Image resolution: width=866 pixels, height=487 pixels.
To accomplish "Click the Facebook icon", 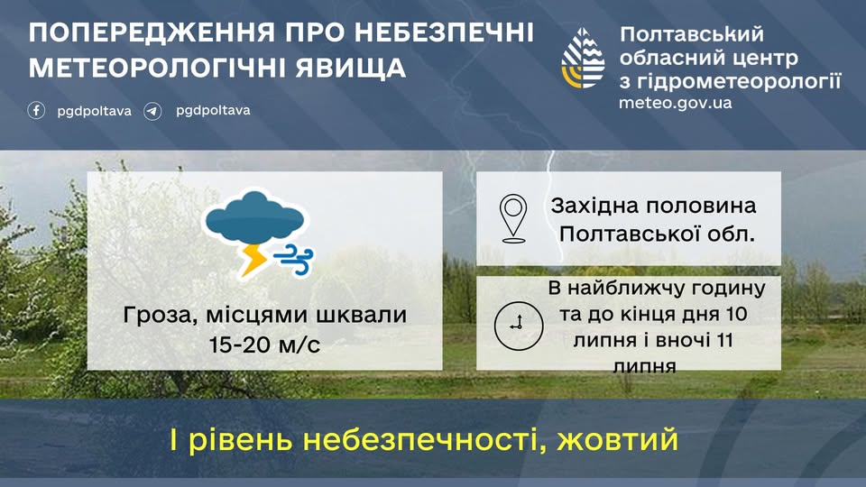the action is pos(36,110).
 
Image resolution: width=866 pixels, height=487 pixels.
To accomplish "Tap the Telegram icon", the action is pos(152,111).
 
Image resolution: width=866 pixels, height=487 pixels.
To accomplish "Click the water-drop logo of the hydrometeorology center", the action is pos(583,58).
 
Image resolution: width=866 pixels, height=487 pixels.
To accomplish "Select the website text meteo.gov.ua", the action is pos(675,103).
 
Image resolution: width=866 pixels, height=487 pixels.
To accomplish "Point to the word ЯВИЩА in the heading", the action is pos(351,68).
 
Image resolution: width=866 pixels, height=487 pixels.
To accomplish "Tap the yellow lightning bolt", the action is pos(253,260).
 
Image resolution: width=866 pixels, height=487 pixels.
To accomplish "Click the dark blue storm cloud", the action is pos(254,217).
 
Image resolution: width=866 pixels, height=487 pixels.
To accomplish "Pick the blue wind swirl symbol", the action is pos(293,259).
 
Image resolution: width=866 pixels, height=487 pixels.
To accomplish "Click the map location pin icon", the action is pos(513,217).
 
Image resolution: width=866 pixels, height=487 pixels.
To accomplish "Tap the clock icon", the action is pos(518,326).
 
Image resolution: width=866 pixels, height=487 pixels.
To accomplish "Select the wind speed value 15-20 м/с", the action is pos(264,345).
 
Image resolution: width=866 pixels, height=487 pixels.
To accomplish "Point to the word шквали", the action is pos(362,315).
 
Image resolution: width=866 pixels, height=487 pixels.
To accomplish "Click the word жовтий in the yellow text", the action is pos(617,439).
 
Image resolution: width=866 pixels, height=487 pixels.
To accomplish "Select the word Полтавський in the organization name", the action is pos(692,34).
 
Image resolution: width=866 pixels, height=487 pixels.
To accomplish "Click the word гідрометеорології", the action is pos(740,82).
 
